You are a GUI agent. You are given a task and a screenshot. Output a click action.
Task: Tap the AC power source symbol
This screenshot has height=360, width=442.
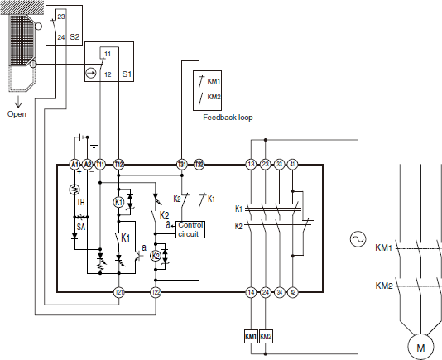[x=358, y=239]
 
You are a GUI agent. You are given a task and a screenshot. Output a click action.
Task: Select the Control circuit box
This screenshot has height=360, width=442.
[x=190, y=229]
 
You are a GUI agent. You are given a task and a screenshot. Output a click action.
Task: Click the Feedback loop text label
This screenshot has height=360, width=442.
[x=228, y=118]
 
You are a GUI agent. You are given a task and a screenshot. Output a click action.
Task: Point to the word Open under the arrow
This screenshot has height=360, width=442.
[x=17, y=114]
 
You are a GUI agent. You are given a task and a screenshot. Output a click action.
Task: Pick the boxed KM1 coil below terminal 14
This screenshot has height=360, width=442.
[x=250, y=337]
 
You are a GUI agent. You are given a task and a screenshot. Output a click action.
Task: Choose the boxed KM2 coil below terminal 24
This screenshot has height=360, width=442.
[x=265, y=337]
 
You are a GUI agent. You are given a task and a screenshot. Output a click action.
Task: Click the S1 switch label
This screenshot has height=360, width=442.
[x=127, y=74]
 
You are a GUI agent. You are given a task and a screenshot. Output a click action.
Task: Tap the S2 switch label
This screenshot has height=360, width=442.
[x=74, y=37]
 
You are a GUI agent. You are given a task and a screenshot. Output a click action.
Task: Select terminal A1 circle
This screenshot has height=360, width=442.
[x=74, y=165]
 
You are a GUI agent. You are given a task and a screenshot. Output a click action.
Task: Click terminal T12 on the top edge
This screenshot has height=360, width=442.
[x=118, y=165]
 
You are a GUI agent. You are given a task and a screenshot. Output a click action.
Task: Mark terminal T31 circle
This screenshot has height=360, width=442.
[x=182, y=165]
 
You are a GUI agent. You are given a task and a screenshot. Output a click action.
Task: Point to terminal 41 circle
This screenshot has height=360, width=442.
[x=293, y=165]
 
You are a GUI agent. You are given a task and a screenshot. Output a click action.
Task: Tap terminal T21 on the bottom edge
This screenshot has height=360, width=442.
[x=118, y=292]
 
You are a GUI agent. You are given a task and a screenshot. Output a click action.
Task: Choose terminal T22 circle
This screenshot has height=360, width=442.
[x=155, y=292]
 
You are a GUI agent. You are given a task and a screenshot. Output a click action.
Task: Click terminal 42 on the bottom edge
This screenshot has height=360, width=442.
[x=293, y=292]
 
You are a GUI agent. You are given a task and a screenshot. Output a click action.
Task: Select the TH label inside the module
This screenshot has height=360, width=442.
[x=81, y=201]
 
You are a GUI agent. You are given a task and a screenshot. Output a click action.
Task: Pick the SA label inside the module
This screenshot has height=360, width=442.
[x=81, y=225]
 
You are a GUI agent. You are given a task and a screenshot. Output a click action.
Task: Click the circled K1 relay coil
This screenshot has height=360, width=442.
[x=118, y=201]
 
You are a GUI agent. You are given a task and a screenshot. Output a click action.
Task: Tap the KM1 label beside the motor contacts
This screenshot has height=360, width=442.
[x=384, y=247]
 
